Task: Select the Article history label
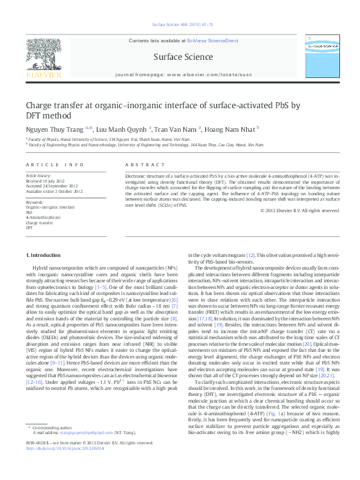point(38,175)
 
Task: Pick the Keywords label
point(34,202)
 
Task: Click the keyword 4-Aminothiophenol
point(43,217)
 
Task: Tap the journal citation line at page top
point(180,26)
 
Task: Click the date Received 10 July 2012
point(47,180)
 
